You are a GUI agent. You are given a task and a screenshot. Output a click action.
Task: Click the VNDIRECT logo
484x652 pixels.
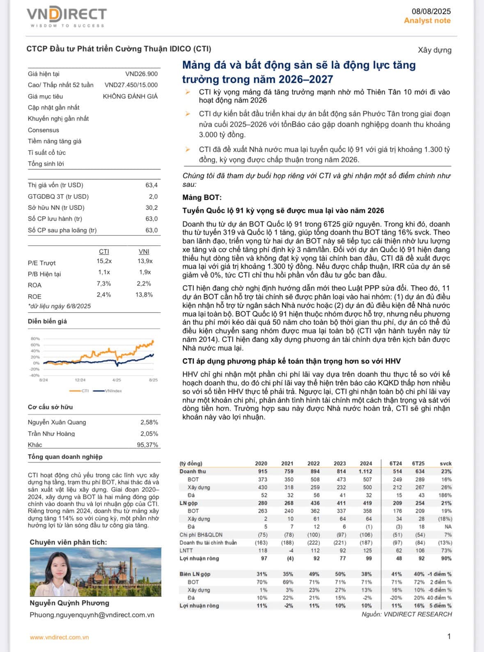(x=67, y=16)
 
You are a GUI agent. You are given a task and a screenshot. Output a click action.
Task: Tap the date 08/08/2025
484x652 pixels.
(x=431, y=11)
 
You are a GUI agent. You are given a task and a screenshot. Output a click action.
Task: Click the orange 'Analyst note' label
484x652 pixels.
(x=427, y=21)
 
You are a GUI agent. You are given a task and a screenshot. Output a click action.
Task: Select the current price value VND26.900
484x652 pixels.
(x=141, y=74)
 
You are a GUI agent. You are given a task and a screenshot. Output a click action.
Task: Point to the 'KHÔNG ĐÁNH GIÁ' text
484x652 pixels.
(x=130, y=96)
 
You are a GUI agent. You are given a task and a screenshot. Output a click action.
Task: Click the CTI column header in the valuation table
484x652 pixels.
(x=104, y=252)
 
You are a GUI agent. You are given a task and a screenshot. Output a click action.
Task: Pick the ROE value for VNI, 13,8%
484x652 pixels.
(x=144, y=295)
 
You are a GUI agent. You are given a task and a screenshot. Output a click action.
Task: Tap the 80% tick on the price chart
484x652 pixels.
(x=35, y=339)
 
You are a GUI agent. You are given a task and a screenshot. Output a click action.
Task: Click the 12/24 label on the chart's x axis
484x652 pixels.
(x=80, y=380)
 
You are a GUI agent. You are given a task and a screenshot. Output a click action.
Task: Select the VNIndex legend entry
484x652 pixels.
(x=113, y=391)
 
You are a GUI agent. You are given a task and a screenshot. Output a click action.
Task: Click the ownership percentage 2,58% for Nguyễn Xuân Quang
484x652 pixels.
(x=149, y=422)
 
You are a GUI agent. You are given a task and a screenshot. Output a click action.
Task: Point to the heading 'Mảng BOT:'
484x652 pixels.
(x=202, y=197)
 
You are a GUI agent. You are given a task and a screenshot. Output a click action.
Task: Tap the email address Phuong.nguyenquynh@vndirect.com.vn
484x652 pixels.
(x=92, y=615)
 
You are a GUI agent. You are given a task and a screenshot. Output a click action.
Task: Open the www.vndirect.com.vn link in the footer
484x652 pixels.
(x=59, y=637)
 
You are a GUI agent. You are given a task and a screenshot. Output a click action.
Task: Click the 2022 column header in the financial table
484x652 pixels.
(x=313, y=463)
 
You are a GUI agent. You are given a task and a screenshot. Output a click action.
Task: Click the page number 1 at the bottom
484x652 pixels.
(x=449, y=636)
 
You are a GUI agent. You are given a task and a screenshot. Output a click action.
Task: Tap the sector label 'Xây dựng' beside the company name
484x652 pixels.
(x=434, y=50)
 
